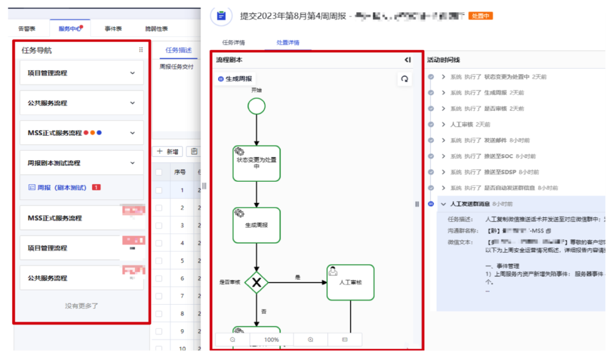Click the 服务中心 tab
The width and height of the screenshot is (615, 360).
(x=69, y=28)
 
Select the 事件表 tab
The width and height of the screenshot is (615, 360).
(x=113, y=28)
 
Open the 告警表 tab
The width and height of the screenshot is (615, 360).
(x=27, y=28)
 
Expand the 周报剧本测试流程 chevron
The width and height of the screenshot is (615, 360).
(x=133, y=163)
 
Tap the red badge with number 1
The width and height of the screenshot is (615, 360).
(x=96, y=187)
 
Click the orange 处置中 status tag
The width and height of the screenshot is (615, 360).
(x=480, y=16)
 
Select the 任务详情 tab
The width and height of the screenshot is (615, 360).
(x=233, y=43)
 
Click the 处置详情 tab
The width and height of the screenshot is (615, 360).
(x=288, y=43)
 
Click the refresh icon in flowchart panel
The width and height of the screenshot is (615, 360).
(x=404, y=79)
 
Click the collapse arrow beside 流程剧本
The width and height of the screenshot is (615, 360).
(x=408, y=60)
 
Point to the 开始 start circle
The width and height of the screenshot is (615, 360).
(x=257, y=106)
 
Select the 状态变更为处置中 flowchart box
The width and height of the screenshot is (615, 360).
(x=256, y=163)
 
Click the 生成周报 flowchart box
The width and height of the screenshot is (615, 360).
(x=256, y=225)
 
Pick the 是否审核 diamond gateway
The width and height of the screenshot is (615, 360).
(x=257, y=282)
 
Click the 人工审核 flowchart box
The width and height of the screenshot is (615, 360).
(x=350, y=282)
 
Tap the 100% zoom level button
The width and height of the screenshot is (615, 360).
(x=272, y=339)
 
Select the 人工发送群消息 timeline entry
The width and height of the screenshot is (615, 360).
(x=469, y=204)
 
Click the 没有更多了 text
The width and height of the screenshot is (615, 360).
(x=81, y=306)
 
